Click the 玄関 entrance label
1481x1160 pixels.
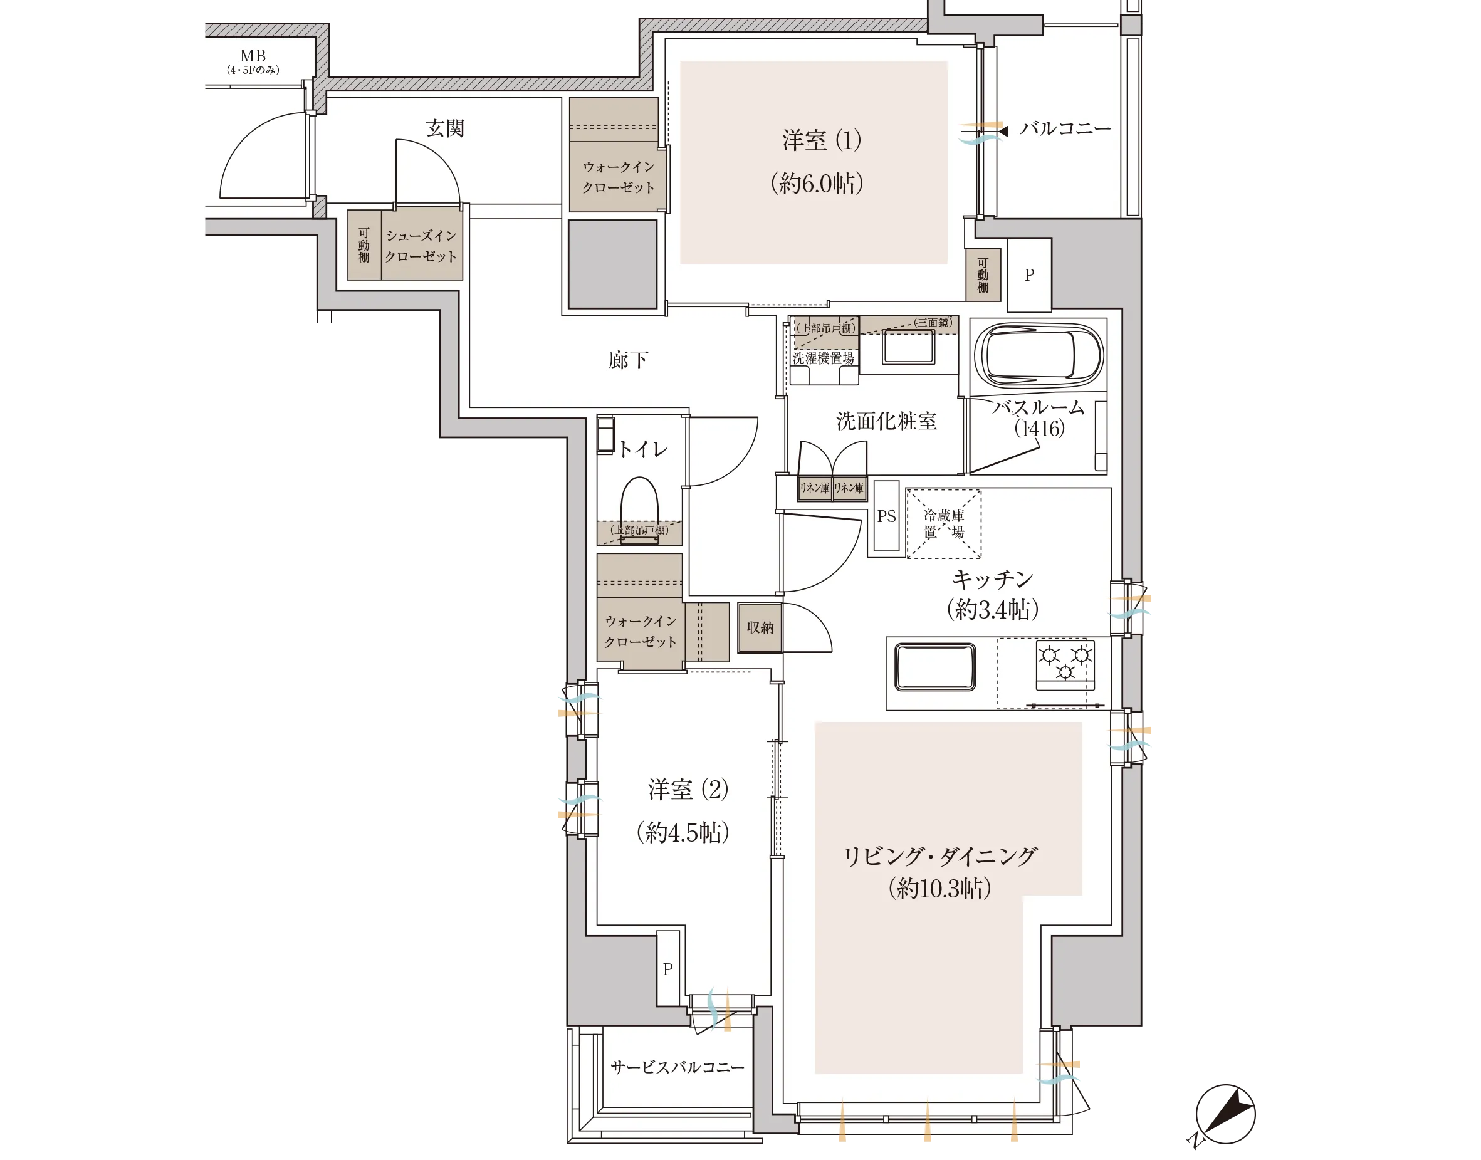(445, 128)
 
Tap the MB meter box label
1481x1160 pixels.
(253, 56)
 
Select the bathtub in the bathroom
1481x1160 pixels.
(1039, 355)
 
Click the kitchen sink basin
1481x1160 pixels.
(935, 667)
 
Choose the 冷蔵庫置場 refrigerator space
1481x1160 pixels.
(944, 524)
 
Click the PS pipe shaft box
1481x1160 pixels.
(886, 516)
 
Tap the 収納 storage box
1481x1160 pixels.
(760, 627)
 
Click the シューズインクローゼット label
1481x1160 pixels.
(421, 246)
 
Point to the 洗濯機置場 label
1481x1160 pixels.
(824, 358)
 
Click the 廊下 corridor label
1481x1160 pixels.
(628, 360)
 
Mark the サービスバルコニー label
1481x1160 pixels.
(677, 1067)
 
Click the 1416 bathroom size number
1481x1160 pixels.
(1039, 428)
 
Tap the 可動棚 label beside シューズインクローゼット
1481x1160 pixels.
(364, 245)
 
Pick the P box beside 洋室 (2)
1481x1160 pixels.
(668, 968)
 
